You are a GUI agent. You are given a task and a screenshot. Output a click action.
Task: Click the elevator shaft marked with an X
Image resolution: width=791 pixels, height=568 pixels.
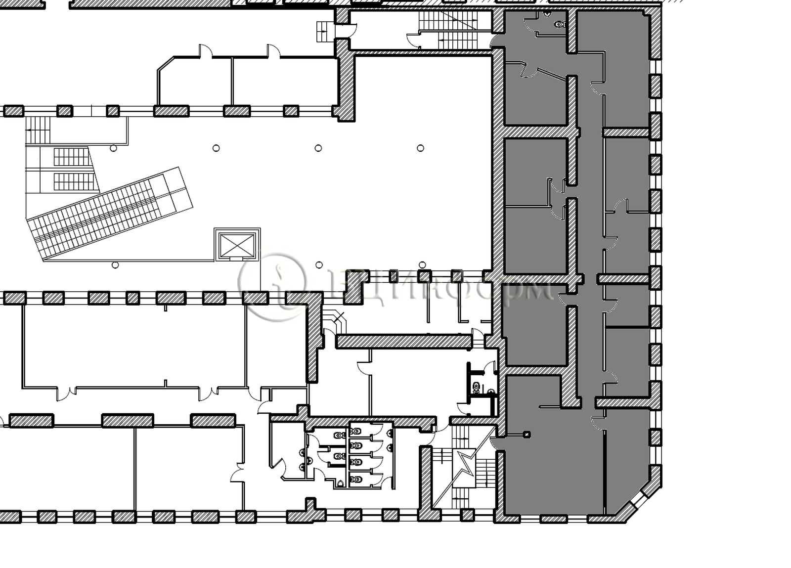click(237, 245)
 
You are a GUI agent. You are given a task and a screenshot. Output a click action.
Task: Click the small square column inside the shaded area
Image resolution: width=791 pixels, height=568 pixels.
click(527, 435)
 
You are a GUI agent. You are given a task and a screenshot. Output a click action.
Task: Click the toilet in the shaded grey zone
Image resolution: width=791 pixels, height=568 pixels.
click(559, 24)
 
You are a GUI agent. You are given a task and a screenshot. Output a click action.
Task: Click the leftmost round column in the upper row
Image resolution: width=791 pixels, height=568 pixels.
click(113, 148)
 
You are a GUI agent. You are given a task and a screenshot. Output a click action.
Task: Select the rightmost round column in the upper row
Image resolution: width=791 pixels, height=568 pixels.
click(420, 148)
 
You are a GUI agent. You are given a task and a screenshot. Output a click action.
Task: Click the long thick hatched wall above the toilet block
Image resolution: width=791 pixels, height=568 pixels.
click(403, 342)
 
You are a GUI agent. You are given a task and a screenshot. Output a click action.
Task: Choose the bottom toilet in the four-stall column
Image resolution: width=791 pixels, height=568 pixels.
click(354, 478)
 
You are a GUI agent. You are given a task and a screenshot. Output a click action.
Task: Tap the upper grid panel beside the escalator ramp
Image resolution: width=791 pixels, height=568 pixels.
click(71, 157)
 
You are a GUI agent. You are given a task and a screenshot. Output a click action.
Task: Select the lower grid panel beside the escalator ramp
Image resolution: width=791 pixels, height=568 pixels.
click(73, 181)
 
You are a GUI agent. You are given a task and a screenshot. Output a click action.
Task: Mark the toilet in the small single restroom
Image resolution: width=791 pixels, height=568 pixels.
click(476, 386)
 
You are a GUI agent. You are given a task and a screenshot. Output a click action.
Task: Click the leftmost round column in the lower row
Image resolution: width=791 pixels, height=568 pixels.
click(115, 265)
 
